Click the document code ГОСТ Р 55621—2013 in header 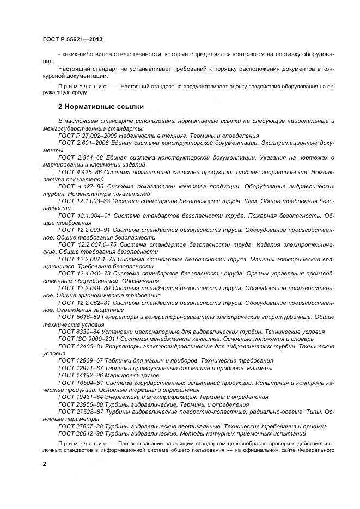click(72, 40)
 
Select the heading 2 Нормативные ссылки click(101, 106)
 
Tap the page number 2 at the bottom click(45, 463)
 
